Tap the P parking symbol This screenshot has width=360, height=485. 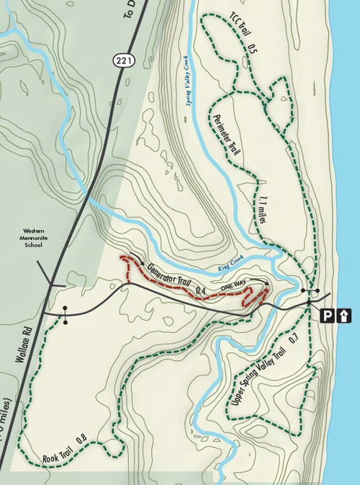click(328, 315)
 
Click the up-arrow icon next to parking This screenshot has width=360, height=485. click(345, 315)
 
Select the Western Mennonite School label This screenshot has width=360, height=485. click(30, 239)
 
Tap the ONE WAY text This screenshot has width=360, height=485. click(234, 286)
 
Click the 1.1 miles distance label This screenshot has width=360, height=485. click(261, 208)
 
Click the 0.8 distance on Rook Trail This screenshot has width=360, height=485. click(81, 437)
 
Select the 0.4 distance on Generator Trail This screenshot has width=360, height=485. click(202, 291)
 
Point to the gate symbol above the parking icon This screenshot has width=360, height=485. click(310, 291)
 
